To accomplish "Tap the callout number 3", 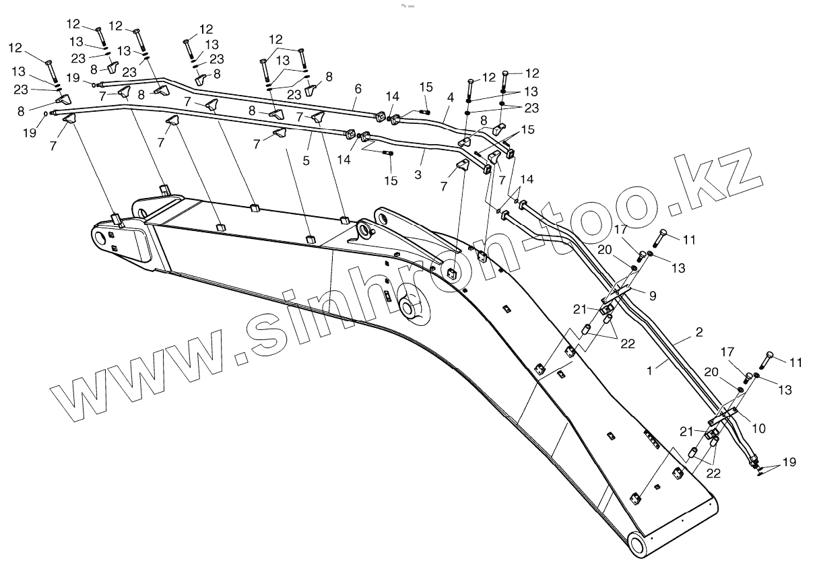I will pos(418,175).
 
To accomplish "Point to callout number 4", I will pos(450,97).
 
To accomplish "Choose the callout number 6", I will pos(358,88).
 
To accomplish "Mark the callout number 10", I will pos(758,428).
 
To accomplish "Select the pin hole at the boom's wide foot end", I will pos(101,238).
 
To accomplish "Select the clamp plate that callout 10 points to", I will pos(725,417).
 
